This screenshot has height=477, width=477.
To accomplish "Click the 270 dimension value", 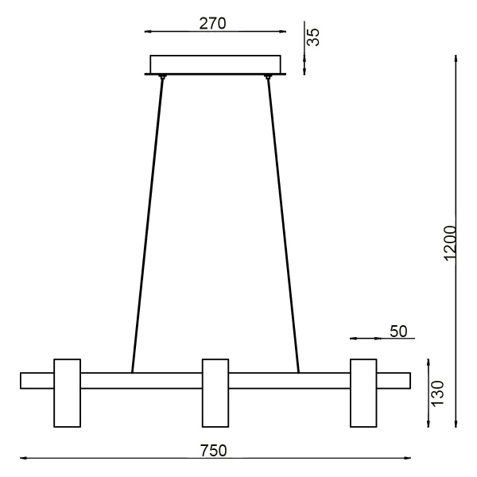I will pyautogui.click(x=212, y=23).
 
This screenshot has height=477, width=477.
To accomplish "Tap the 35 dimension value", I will pyautogui.click(x=314, y=37).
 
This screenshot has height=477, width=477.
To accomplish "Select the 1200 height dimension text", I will pyautogui.click(x=450, y=241).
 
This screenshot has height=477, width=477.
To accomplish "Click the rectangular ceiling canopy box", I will pyautogui.click(x=215, y=64).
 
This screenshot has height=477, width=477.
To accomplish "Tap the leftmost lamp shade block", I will pyautogui.click(x=67, y=393).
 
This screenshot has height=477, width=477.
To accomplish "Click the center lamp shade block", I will pyautogui.click(x=215, y=393).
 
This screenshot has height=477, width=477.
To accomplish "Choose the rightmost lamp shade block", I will pyautogui.click(x=363, y=393).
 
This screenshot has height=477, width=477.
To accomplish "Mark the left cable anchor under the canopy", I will pyautogui.click(x=163, y=77).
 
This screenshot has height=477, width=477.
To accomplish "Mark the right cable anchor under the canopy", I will pyautogui.click(x=268, y=77).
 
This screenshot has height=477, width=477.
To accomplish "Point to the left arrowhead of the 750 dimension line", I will pyautogui.click(x=24, y=459).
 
